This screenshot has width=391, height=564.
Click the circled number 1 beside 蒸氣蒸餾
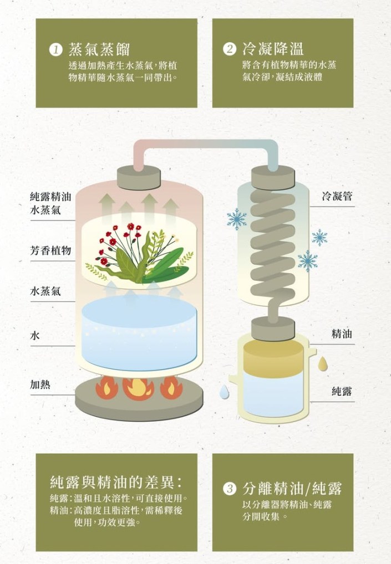click(55, 50)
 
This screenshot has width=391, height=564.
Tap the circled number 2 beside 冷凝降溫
click(230, 49)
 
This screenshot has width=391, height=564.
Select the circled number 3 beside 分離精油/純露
click(230, 489)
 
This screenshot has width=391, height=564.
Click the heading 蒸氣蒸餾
click(99, 50)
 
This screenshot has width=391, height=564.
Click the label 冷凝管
click(337, 196)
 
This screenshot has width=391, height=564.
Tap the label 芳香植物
click(50, 250)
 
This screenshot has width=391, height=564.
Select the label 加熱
click(40, 384)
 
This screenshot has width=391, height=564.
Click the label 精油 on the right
click(342, 334)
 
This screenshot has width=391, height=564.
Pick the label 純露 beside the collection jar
click(342, 391)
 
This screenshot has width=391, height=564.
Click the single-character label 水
click(35, 336)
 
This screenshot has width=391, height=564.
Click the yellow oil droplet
click(323, 364)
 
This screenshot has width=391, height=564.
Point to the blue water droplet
click(224, 392)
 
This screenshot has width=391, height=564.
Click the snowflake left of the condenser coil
click(237, 219)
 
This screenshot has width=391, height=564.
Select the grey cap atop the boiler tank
click(139, 177)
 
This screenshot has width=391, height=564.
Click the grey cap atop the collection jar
click(273, 329)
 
